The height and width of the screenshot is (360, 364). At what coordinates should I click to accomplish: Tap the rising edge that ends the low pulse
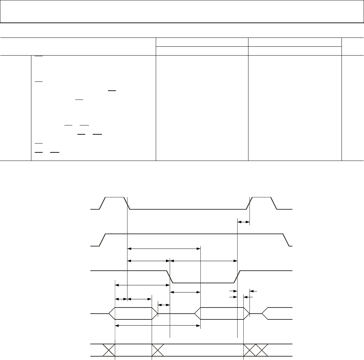click(x=237, y=277)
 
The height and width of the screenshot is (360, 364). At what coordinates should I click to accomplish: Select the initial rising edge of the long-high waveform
click(x=103, y=240)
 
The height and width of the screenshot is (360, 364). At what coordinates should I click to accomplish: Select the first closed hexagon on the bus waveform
click(x=133, y=313)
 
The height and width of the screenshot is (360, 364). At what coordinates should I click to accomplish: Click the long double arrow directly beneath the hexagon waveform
click(x=158, y=326)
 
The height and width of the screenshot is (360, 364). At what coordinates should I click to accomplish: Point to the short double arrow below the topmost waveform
click(x=243, y=222)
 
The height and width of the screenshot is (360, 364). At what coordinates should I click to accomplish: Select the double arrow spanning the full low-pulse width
click(x=203, y=261)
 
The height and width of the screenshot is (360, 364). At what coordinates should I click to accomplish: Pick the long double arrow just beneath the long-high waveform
click(x=164, y=249)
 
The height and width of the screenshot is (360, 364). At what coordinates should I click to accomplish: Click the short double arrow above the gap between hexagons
click(x=164, y=304)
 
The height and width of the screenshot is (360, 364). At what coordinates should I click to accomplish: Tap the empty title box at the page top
click(x=182, y=12)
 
